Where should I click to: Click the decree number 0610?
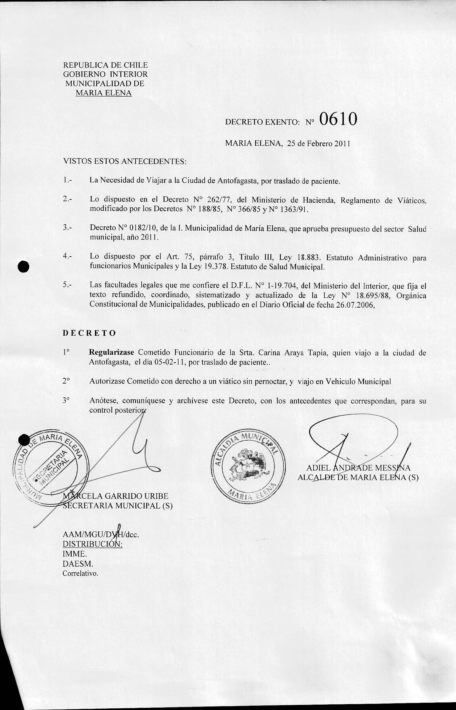338,120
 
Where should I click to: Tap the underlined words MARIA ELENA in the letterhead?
103,93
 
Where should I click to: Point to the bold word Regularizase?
112,353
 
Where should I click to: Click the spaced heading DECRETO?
89,333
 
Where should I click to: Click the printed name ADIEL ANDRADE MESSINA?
358,468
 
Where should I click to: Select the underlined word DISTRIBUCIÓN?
92,544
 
